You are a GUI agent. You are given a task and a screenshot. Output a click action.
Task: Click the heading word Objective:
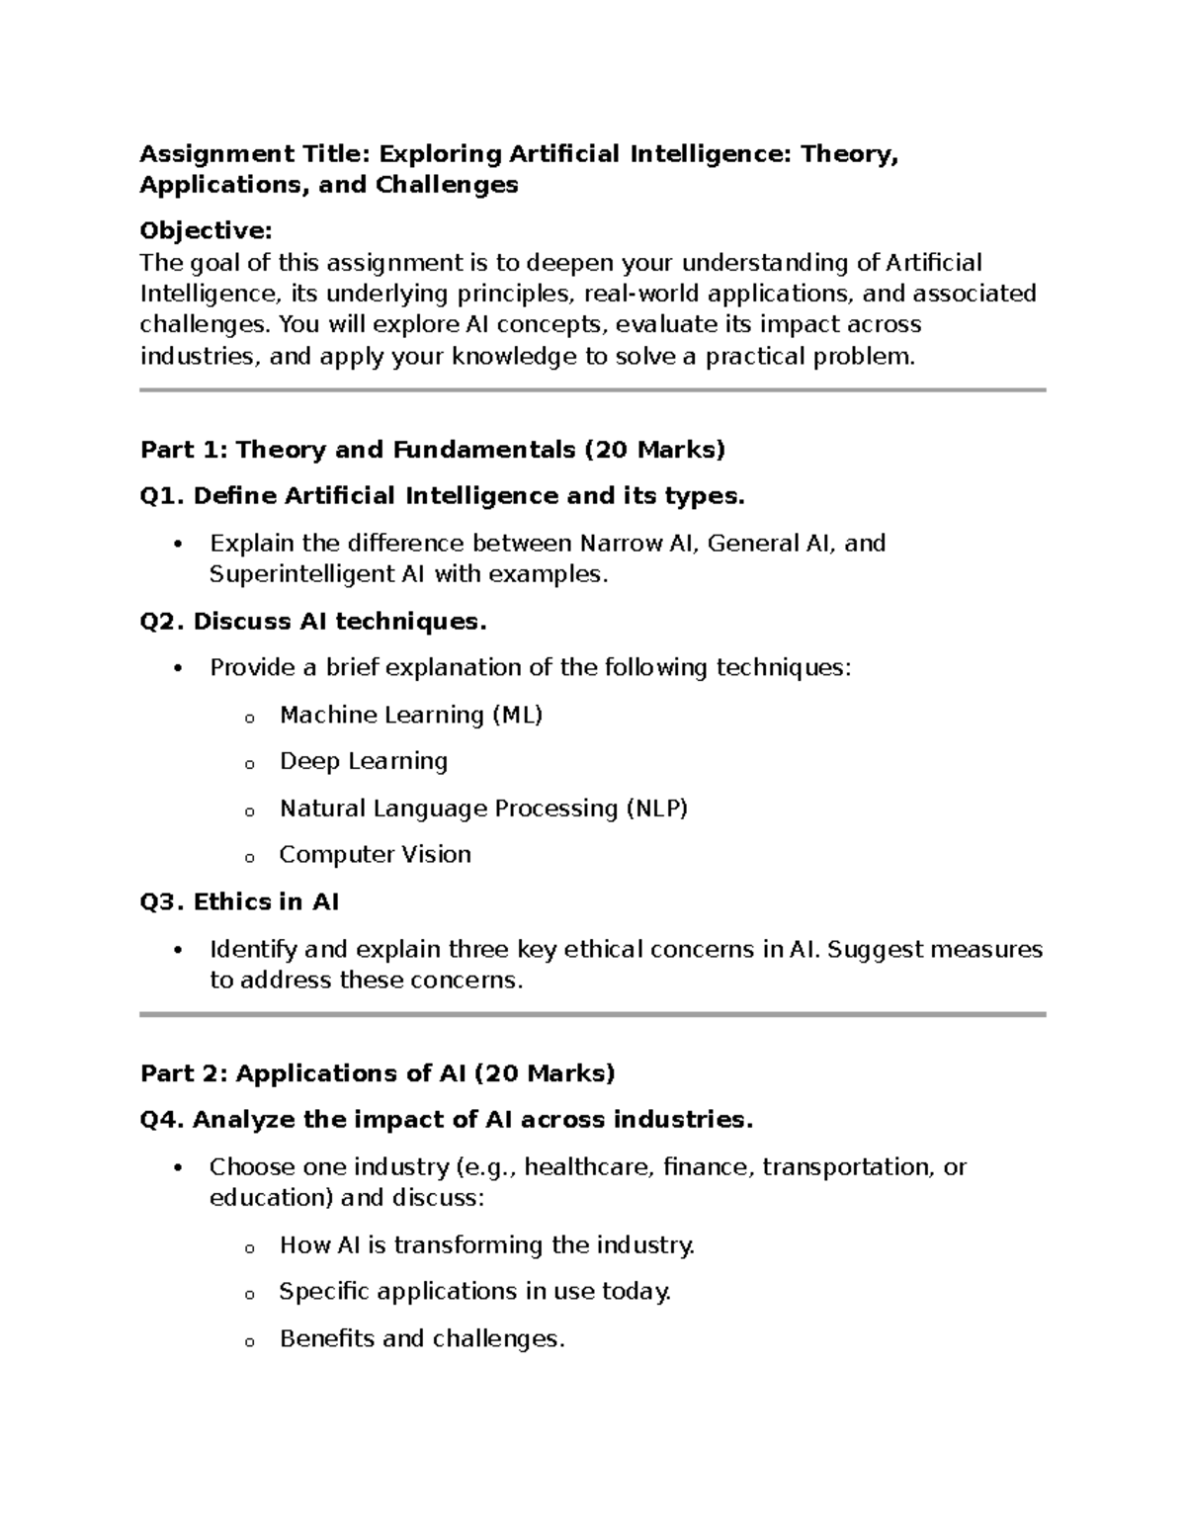tap(206, 231)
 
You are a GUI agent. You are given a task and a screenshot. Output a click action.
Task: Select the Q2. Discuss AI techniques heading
tap(313, 622)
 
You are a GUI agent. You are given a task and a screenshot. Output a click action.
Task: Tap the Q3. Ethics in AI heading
tap(239, 902)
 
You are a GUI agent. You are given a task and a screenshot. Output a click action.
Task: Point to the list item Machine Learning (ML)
tap(411, 715)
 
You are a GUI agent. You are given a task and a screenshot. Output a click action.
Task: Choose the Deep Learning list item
tap(364, 761)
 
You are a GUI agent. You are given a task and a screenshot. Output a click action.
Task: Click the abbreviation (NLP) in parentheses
tap(656, 809)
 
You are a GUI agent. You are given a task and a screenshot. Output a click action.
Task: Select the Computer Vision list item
tap(375, 855)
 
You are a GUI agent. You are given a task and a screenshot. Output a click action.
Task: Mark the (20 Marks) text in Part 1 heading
tap(655, 451)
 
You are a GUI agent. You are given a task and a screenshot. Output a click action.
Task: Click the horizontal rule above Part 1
tap(593, 390)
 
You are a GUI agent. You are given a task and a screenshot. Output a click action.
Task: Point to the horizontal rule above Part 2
tap(593, 1014)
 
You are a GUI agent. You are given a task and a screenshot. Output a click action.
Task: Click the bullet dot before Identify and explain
tap(178, 951)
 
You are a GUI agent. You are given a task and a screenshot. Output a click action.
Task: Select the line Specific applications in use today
tap(474, 1292)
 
